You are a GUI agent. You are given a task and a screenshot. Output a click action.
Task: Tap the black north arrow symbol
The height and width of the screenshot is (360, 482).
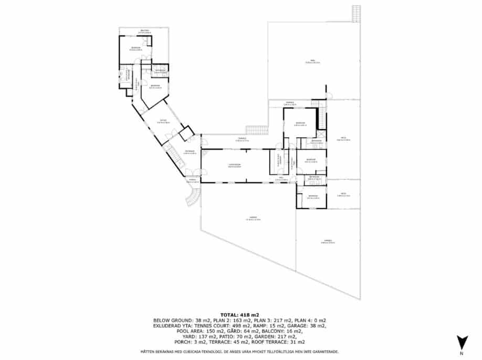pyautogui.click(x=461, y=342)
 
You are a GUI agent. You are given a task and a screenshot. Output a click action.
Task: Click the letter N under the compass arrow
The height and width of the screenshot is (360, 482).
pyautogui.click(x=461, y=354)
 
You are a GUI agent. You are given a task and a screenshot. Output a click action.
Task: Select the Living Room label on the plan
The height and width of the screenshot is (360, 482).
pyautogui.click(x=234, y=165)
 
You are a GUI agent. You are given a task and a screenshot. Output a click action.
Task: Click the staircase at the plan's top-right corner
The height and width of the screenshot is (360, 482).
pyautogui.click(x=357, y=13)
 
